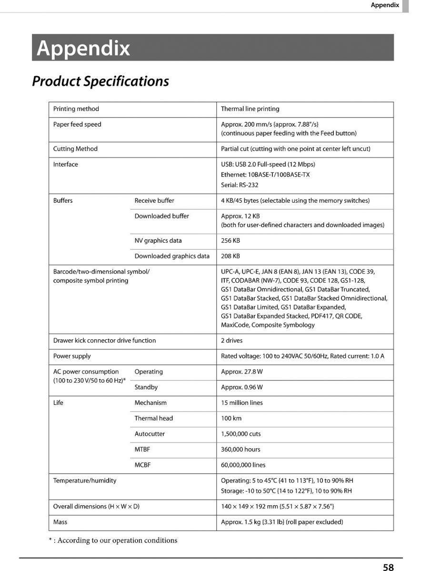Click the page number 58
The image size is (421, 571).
pos(388,567)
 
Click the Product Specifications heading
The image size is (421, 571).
pos(100,81)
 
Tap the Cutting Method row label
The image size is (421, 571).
pos(75,149)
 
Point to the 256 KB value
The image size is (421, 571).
pos(231,241)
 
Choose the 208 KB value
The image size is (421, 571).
pos(231,256)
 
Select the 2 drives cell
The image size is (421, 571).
pos(232,341)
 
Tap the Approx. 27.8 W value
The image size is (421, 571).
pos(242,372)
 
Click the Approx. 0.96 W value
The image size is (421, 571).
pos(242,387)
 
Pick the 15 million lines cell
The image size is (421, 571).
pos(242,403)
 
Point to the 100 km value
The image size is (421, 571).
pos(231,418)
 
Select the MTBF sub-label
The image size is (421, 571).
pos(142,449)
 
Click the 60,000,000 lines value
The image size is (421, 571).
pos(243,465)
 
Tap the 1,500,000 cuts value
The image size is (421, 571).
pos(241,434)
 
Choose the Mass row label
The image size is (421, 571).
pos(60,522)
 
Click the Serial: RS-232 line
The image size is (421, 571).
pos(240,185)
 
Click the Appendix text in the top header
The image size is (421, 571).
pos(385,5)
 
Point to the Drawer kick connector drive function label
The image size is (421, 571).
pos(104,341)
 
